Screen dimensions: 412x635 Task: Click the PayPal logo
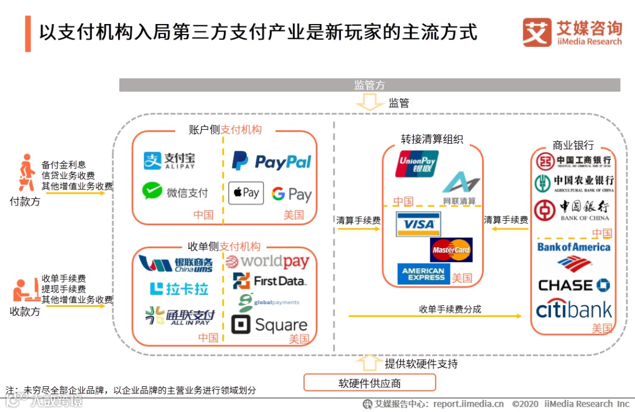click(272, 161)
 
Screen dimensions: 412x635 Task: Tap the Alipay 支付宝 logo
click(170, 161)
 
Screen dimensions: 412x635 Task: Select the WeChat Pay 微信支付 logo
click(175, 192)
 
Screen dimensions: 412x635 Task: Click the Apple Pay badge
click(246, 193)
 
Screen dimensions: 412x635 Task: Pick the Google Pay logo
click(292, 194)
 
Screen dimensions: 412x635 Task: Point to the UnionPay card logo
click(417, 164)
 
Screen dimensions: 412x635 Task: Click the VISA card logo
click(418, 224)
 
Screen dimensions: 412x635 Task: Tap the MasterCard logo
click(451, 250)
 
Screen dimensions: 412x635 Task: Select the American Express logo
click(423, 274)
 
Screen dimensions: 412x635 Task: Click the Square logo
click(269, 325)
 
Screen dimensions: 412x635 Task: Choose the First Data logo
click(269, 281)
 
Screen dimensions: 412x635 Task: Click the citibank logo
click(574, 309)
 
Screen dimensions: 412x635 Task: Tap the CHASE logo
click(574, 286)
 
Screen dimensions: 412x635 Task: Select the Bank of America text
click(574, 247)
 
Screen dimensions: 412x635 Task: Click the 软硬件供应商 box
click(369, 383)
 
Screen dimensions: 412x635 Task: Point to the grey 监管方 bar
click(369, 85)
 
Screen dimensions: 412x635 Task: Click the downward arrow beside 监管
click(369, 104)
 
